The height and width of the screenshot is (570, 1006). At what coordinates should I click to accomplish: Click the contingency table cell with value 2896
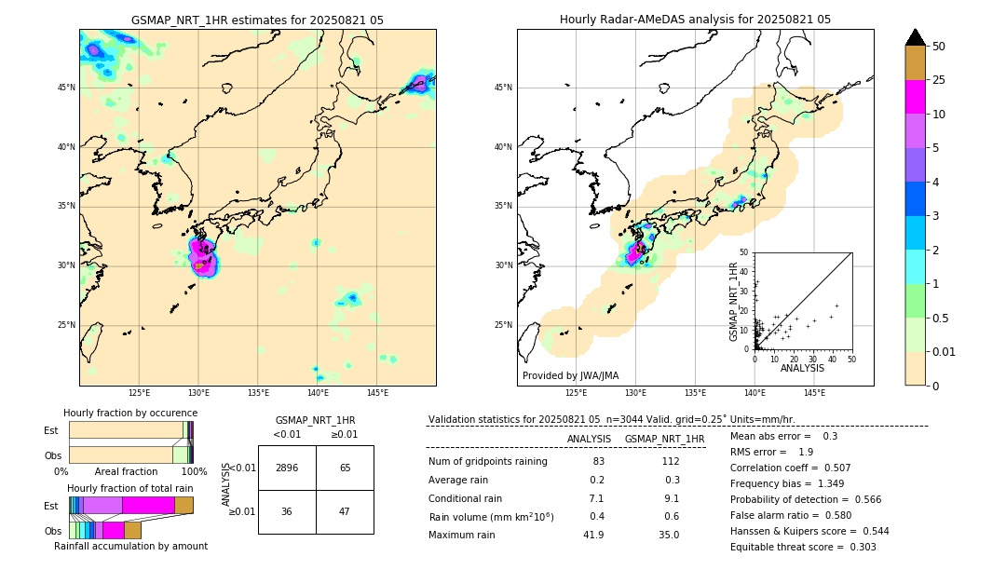(287, 468)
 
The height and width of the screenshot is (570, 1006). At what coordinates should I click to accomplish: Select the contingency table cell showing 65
(345, 468)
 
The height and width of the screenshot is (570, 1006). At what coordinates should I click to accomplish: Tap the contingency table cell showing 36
(287, 511)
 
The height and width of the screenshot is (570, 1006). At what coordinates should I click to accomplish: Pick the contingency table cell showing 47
(345, 511)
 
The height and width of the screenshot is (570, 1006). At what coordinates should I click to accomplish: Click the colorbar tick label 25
(940, 80)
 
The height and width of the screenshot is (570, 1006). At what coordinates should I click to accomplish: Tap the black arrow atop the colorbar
(916, 37)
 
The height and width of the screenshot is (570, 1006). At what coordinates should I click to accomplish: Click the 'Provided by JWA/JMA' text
(570, 375)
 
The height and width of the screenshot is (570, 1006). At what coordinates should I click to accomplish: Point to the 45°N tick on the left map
(66, 88)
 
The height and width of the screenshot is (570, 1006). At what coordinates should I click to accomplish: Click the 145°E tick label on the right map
(814, 393)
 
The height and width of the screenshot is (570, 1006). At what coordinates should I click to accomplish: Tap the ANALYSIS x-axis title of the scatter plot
(802, 369)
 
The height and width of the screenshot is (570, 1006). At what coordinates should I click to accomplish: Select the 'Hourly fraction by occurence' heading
(130, 413)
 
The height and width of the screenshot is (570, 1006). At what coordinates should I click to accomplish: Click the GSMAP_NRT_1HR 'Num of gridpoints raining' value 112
(670, 462)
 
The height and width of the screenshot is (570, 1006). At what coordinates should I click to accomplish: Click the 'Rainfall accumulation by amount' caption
(139, 546)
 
